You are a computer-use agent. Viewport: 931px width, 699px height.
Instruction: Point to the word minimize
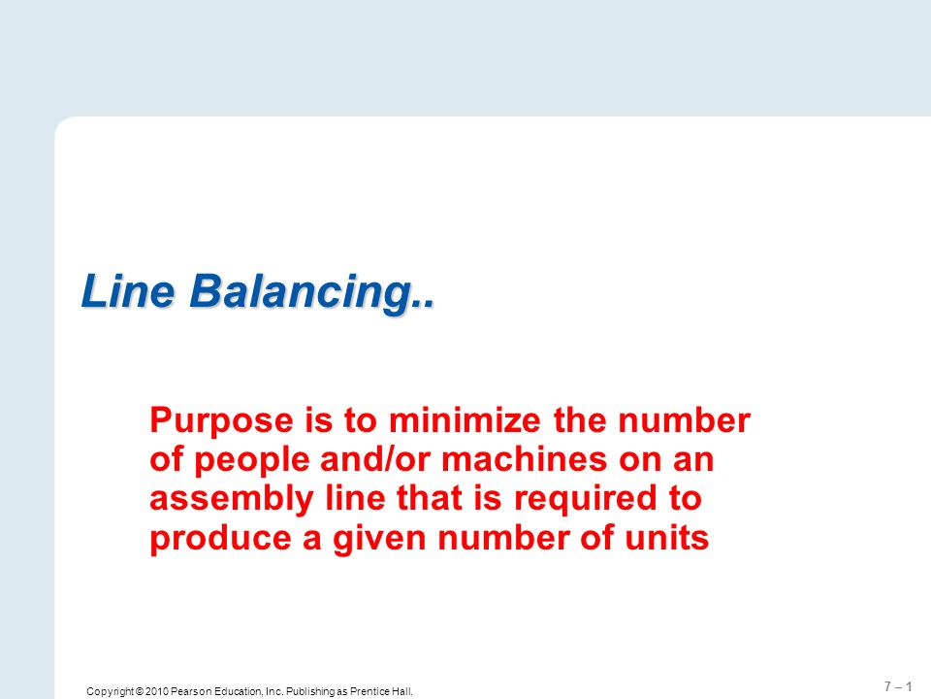click(x=465, y=419)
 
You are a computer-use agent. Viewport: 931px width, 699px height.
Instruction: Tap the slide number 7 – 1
click(x=898, y=686)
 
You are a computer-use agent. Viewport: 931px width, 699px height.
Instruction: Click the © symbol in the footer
click(x=140, y=691)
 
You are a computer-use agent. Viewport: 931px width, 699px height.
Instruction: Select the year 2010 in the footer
click(x=157, y=691)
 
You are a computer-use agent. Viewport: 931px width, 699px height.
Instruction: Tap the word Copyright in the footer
click(x=110, y=692)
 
